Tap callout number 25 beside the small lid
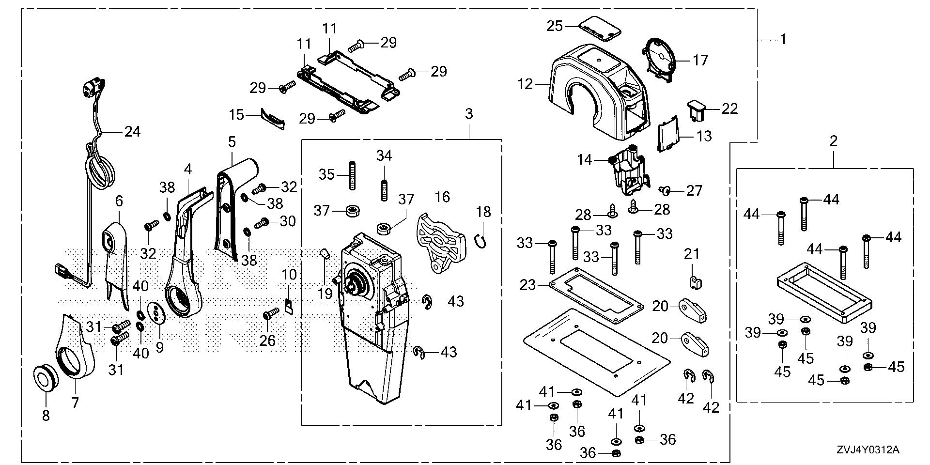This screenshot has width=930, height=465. [x=555, y=25]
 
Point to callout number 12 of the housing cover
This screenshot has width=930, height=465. [x=525, y=85]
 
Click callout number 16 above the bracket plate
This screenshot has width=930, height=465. [x=442, y=197]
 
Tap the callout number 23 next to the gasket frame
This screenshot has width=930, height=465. [x=527, y=285]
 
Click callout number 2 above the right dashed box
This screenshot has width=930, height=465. [x=833, y=141]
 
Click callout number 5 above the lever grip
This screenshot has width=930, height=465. [x=232, y=142]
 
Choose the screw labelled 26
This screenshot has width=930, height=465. [x=270, y=315]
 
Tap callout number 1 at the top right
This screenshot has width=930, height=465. [x=783, y=39]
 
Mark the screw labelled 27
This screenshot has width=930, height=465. [x=666, y=191]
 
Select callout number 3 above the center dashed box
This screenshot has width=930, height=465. [x=468, y=114]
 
